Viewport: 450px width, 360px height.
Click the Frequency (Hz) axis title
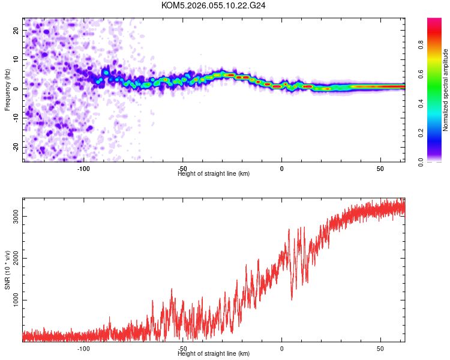pos(7,90)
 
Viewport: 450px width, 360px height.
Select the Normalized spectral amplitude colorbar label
pos(446,90)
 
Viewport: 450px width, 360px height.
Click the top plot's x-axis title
pos(214,173)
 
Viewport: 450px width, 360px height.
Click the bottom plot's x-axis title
pos(214,353)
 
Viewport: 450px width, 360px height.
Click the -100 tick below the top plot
pos(83,169)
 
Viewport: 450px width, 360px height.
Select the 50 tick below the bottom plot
pos(380,349)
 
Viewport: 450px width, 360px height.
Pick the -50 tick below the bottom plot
pos(182,349)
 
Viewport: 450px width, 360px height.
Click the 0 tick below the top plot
pos(281,169)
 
